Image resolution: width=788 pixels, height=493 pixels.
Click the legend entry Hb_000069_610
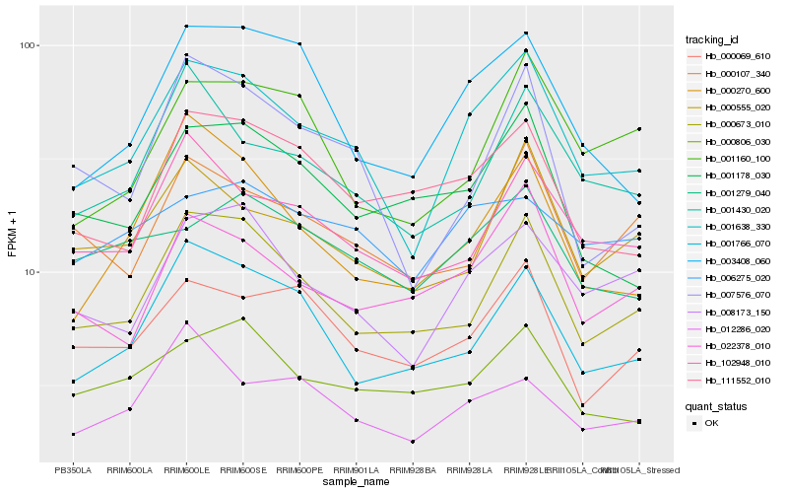[x=730, y=56]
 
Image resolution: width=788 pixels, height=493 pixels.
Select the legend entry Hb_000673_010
[x=730, y=125]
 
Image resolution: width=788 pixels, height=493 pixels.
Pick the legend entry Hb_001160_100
[x=730, y=159]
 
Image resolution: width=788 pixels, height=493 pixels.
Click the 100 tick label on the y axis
[x=26, y=45]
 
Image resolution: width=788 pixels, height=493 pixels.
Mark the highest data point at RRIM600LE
[x=186, y=26]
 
